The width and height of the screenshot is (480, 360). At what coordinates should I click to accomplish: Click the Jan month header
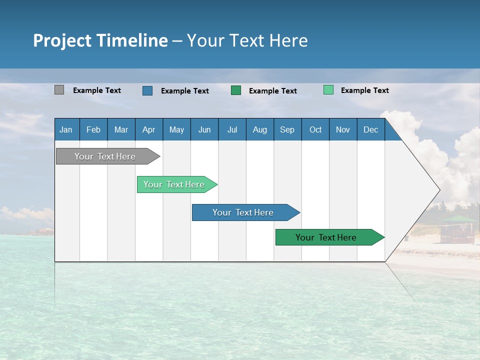coord(66,129)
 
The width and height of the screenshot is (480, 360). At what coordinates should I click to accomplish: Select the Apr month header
coord(149,129)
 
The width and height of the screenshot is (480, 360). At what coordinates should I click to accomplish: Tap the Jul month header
coord(232,129)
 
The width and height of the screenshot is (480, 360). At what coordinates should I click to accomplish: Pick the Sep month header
coord(287,129)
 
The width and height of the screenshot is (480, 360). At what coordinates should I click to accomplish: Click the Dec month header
coord(370,129)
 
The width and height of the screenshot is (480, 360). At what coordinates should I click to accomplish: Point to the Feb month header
coord(93,129)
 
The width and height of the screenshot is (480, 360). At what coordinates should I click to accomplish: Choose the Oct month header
coord(315,129)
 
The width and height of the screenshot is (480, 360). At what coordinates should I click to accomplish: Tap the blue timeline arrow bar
coord(243,212)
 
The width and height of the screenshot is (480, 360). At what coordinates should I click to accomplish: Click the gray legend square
coord(59,90)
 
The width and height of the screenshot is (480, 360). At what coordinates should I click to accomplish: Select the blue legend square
coord(147,90)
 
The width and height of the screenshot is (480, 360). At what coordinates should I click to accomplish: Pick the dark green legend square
coord(236,90)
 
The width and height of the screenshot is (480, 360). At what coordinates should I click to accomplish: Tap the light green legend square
coord(328,90)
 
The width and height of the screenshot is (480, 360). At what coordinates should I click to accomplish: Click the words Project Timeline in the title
coord(100,40)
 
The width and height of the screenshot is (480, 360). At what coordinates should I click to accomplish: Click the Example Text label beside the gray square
coord(97,90)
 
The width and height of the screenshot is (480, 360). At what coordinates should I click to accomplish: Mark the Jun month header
coord(204,129)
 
